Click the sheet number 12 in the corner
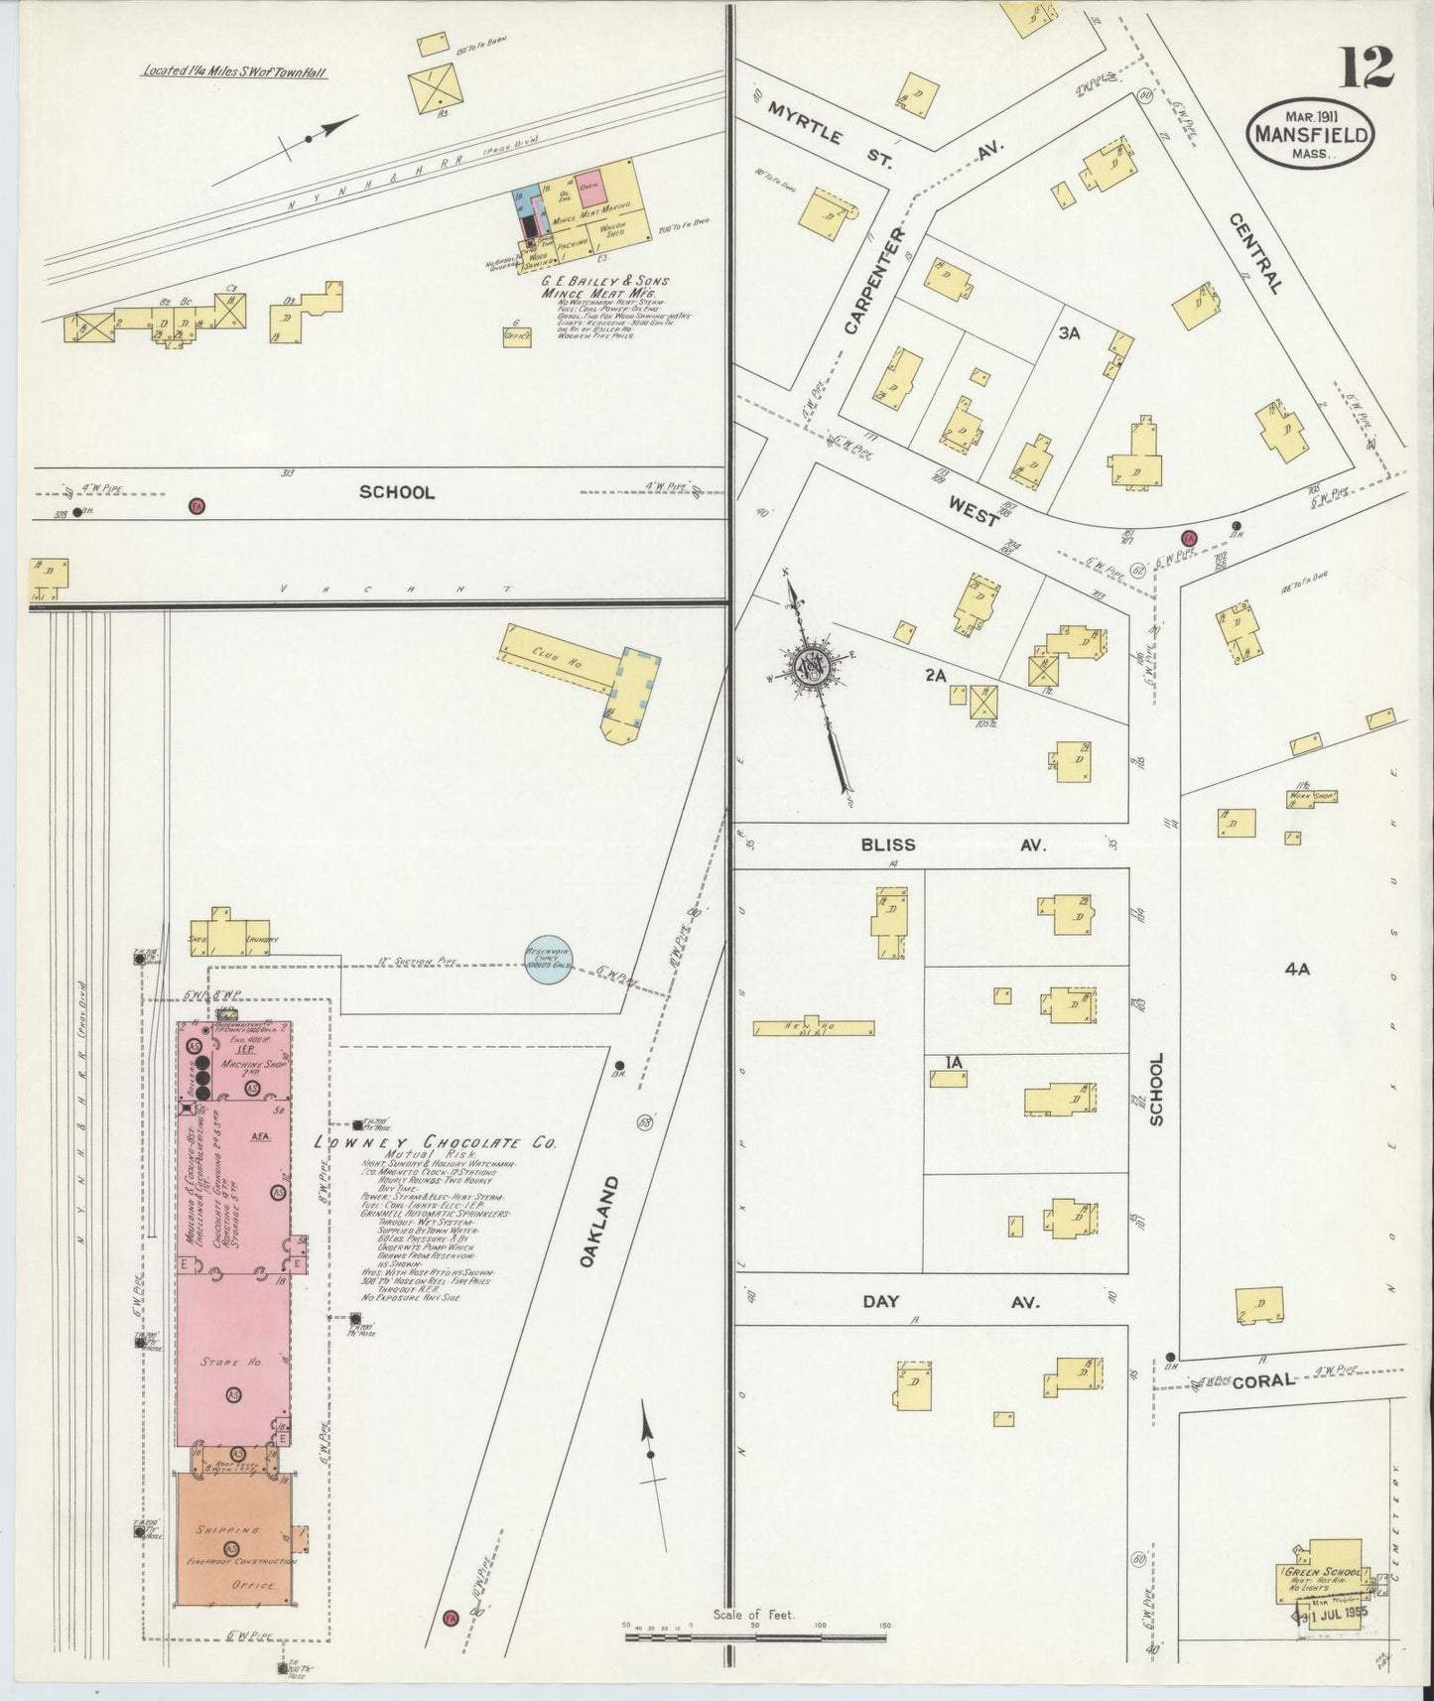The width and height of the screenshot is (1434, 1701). coord(1369,67)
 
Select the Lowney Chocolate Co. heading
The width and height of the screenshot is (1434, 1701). coord(434,1142)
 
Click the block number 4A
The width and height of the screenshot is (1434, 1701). coord(1297,970)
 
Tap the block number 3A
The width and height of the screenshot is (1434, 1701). coord(1069,334)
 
